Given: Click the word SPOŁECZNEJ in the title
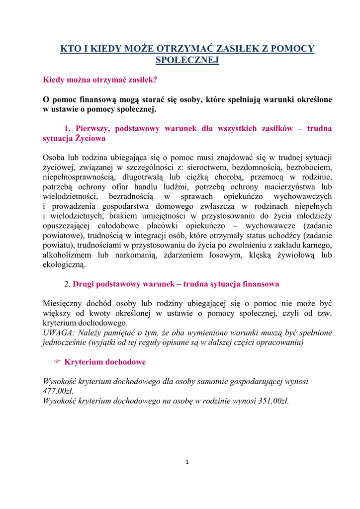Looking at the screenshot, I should point(187,60).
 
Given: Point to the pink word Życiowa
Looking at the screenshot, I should point(90,139).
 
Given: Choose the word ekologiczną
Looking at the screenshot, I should point(64,264).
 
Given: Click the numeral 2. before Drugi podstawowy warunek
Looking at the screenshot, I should point(68,284).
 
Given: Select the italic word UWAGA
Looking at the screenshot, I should point(57,333).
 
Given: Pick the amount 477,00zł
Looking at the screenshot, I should point(59,391).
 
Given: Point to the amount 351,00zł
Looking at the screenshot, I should point(270,401).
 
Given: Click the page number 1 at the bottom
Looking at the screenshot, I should point(187,462).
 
